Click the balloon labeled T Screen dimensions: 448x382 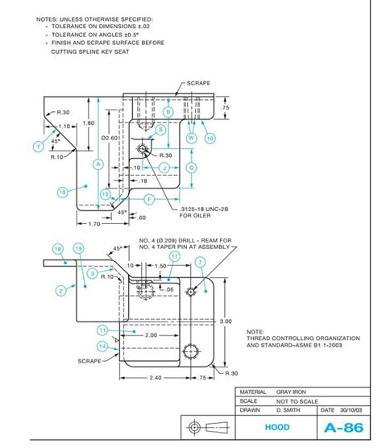pyautogui.click(x=37, y=147)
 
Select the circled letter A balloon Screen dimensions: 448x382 pyautogui.click(x=98, y=164)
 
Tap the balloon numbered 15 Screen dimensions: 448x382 pyautogui.click(x=62, y=192)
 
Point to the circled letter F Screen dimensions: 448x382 pyautogui.click(x=149, y=198)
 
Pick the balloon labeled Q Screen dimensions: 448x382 pyautogui.click(x=191, y=167)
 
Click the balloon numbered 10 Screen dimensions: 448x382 pyautogui.click(x=210, y=138)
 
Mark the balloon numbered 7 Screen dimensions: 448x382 pyautogui.click(x=198, y=284)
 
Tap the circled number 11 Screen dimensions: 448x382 pyautogui.click(x=102, y=330)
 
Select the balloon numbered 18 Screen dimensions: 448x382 pyautogui.click(x=58, y=248)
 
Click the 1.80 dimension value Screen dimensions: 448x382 pyautogui.click(x=88, y=123)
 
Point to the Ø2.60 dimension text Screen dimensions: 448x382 pyautogui.click(x=109, y=138)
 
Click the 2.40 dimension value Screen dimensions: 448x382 pyautogui.click(x=156, y=377)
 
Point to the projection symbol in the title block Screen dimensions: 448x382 pyautogui.click(x=209, y=427)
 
